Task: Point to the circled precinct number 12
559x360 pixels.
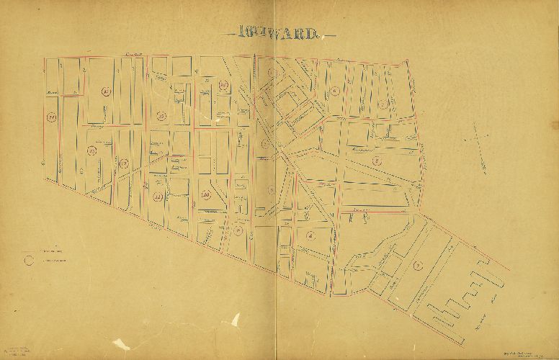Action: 124,163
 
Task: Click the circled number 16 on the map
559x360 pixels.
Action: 224,86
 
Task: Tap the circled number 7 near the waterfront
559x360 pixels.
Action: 417,266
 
